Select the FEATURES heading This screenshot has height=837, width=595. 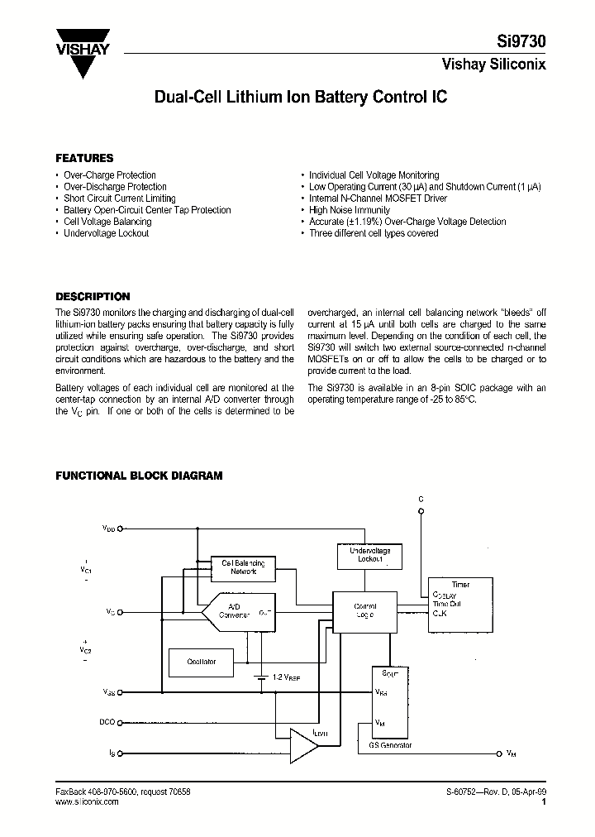pyautogui.click(x=84, y=158)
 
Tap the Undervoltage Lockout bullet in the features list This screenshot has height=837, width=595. pyautogui.click(x=107, y=233)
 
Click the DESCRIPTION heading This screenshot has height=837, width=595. pyautogui.click(x=93, y=296)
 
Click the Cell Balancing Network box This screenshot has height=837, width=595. pyautogui.click(x=243, y=567)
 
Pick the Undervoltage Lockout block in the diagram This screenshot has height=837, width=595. pyautogui.click(x=364, y=555)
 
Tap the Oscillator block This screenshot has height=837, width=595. pyautogui.click(x=202, y=662)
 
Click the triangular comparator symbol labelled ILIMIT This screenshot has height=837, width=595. pyautogui.click(x=303, y=745)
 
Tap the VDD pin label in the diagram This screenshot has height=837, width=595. pyautogui.click(x=109, y=527)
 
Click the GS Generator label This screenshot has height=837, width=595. pyautogui.click(x=389, y=745)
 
